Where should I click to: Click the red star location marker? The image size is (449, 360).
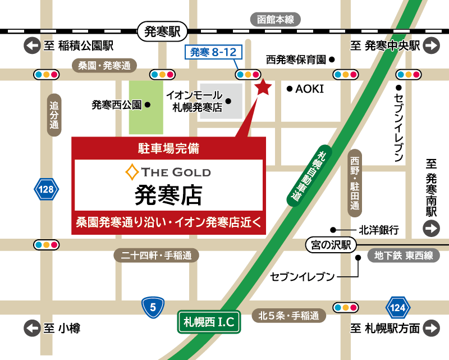(x=263, y=87)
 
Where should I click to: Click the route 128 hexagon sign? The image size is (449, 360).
(x=47, y=190)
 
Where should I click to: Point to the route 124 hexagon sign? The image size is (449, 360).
(x=397, y=308)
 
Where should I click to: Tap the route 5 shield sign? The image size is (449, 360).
(x=152, y=307)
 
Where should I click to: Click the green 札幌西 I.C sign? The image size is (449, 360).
(x=209, y=322)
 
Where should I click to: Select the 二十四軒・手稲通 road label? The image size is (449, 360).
(x=157, y=256)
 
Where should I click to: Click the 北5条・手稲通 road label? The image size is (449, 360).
(x=289, y=316)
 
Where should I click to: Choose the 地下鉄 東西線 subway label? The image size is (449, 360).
(x=404, y=256)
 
